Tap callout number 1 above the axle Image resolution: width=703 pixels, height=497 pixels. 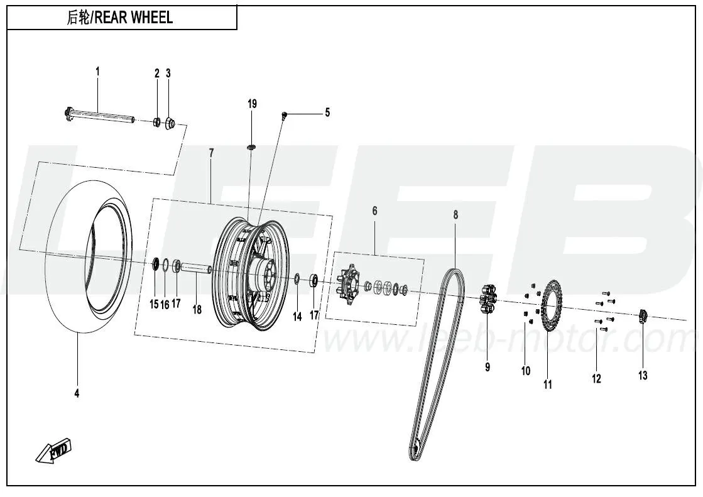coord(97,72)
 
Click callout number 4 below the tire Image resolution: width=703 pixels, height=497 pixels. coord(77,393)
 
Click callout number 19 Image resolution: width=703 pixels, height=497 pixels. coord(252,104)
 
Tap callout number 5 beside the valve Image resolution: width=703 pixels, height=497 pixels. coord(327,113)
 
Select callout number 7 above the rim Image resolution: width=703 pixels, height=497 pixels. coord(211,153)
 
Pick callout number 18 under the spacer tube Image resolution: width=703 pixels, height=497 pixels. coord(197,309)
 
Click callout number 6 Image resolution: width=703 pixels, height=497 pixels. coord(374,210)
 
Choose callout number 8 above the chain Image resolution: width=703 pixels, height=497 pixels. coord(455,215)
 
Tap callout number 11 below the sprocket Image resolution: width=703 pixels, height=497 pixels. coord(548,384)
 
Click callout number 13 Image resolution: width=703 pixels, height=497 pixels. coord(643,376)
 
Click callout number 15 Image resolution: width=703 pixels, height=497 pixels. coord(154,304)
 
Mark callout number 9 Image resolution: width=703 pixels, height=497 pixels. coord(488,367)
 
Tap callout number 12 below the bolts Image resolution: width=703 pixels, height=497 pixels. coord(596,378)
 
